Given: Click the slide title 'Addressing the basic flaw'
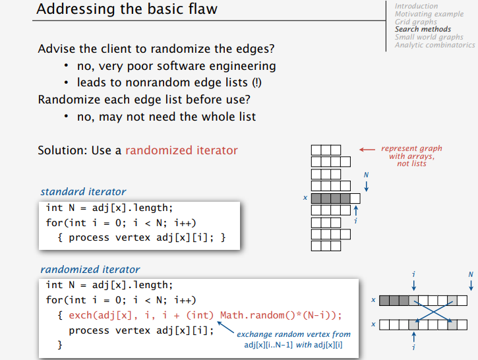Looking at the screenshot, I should pos(127,10).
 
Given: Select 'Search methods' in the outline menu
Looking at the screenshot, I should pos(423,29).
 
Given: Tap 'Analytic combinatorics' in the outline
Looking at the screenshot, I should pos(434,45).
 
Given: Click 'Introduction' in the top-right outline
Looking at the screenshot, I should pos(416,6).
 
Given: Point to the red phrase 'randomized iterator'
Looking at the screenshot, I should pos(181,150).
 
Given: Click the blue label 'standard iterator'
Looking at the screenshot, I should pos(83,192).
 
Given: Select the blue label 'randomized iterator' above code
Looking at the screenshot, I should pos(90,269).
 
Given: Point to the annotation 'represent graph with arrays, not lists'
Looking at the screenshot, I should pos(411,156).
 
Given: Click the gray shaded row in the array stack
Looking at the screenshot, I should pos(330,198).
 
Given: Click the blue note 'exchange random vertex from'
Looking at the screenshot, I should pos(294,335).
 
